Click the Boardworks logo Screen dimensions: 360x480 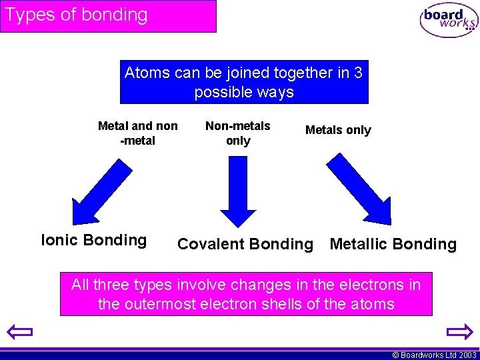click(449, 21)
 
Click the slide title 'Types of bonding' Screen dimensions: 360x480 click(76, 15)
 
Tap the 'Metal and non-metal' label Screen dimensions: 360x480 click(137, 133)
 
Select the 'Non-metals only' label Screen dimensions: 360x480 click(237, 133)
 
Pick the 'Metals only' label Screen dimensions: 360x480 click(338, 130)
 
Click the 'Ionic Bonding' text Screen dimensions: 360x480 click(94, 240)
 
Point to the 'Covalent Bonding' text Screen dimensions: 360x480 click(245, 244)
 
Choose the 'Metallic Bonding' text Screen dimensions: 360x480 click(393, 244)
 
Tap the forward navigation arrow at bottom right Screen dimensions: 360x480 click(459, 331)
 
